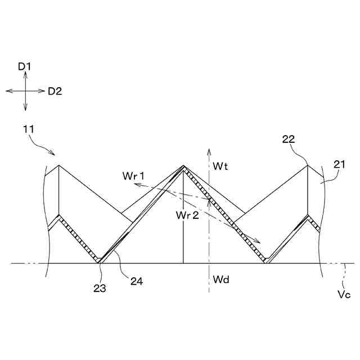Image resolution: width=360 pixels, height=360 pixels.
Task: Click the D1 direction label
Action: [24, 66]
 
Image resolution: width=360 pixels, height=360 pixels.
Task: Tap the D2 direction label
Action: [55, 91]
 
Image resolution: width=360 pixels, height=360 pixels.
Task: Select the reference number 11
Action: [28, 129]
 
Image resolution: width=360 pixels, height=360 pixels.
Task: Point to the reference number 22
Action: [288, 139]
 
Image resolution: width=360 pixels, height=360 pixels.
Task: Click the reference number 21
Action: [339, 164]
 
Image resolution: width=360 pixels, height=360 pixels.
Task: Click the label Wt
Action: [220, 166]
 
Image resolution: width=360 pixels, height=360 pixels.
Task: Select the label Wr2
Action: [186, 215]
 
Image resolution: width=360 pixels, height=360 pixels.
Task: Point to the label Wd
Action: [220, 279]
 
